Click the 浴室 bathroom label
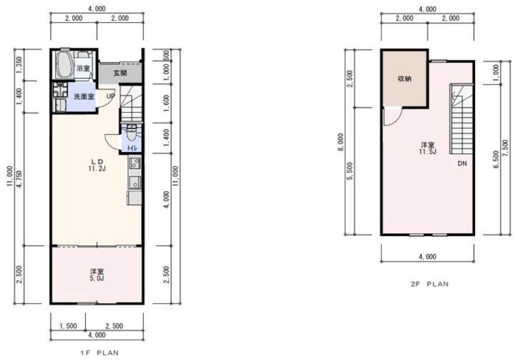point(83,68)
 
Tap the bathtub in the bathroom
point(64,64)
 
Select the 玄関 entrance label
point(120,73)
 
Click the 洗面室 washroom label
point(84,97)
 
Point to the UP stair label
point(111,96)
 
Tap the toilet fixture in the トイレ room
point(132,135)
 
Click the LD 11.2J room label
point(97,165)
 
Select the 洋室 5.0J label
point(97,275)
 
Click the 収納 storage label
point(404,79)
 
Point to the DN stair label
point(462,163)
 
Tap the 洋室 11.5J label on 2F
point(427,148)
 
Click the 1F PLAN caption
point(100,353)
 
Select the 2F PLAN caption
point(430,284)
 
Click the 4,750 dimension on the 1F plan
point(20,179)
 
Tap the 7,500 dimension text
point(506,148)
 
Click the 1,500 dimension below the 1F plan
point(68,326)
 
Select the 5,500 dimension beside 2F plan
point(350,171)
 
